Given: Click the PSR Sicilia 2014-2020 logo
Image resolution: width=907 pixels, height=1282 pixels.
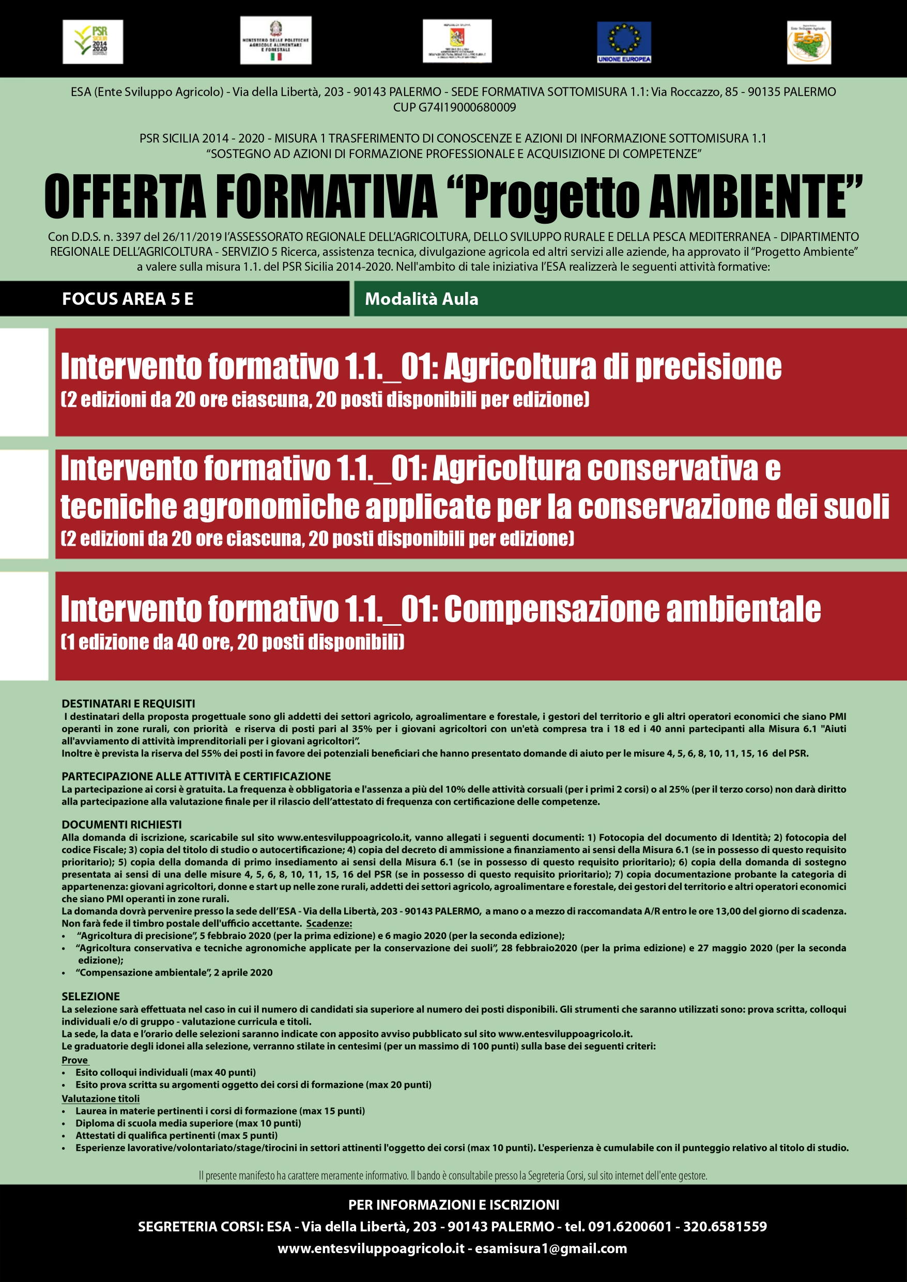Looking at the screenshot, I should click(93, 42).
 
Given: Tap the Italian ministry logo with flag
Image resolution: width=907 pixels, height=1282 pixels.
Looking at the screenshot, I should click(275, 40).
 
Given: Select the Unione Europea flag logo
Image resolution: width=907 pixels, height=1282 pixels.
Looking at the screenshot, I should click(624, 42).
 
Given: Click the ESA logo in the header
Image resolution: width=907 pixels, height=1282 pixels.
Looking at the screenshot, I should click(809, 42).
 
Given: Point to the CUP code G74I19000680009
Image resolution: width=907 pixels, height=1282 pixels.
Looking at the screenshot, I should click(454, 107).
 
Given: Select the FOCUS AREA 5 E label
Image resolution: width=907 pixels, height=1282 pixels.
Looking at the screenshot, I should click(127, 299).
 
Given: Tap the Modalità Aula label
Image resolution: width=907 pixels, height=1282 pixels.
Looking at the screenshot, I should click(422, 299).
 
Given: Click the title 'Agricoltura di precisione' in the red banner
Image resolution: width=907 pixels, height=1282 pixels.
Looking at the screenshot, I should click(612, 367).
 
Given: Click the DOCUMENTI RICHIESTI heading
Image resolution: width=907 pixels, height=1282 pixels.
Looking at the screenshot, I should click(122, 825).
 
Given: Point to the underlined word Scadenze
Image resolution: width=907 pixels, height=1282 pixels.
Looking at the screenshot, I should click(329, 923).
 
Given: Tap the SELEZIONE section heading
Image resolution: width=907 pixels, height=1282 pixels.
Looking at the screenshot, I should click(90, 996).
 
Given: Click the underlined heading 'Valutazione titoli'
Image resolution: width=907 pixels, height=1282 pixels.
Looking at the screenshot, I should click(101, 1098).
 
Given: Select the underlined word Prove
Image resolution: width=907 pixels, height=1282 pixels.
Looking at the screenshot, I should click(75, 1060).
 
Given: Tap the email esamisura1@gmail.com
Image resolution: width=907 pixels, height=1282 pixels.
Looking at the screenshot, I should click(551, 1248).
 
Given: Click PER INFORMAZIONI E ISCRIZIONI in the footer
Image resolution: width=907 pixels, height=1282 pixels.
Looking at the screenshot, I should click(454, 1205).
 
